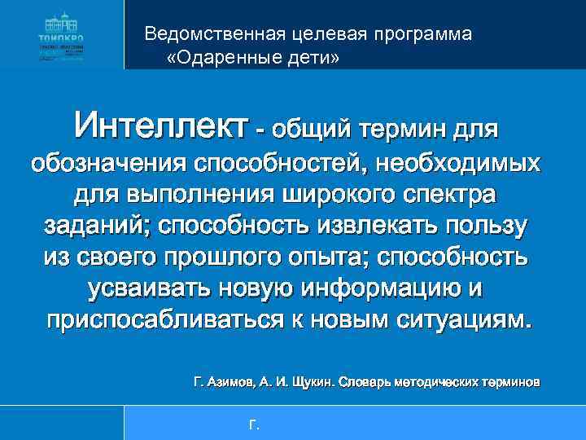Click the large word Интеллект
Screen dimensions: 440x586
point(160,127)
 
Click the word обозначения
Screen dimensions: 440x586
point(107,162)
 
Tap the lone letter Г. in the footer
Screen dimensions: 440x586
point(253,424)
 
